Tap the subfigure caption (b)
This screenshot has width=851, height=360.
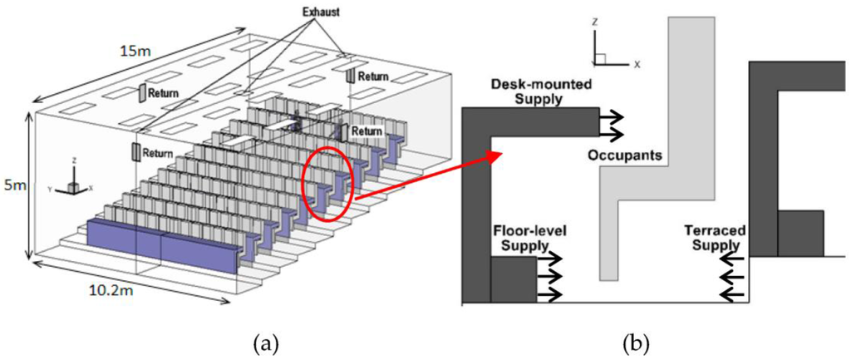click(x=637, y=342)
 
